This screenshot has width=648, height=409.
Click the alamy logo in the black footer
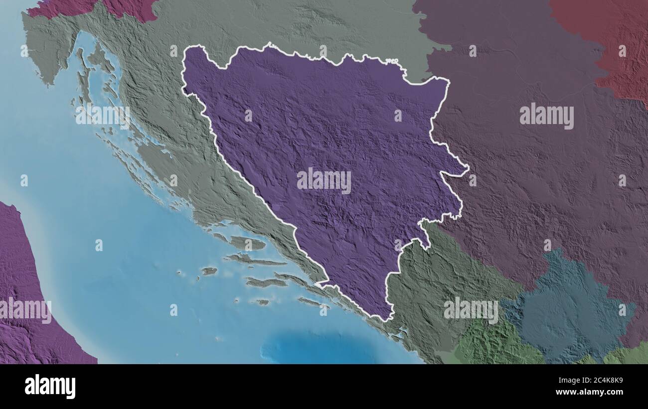coord(50,386)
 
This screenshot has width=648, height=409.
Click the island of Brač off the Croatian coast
coord(247,243)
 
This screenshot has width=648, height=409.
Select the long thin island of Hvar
coord(254,260)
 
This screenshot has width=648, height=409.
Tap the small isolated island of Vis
coord(209,271)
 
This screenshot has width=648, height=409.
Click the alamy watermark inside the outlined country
coord(324,180)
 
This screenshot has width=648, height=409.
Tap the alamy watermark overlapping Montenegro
coord(471,310)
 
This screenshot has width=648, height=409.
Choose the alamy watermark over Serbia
coord(546,116)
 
